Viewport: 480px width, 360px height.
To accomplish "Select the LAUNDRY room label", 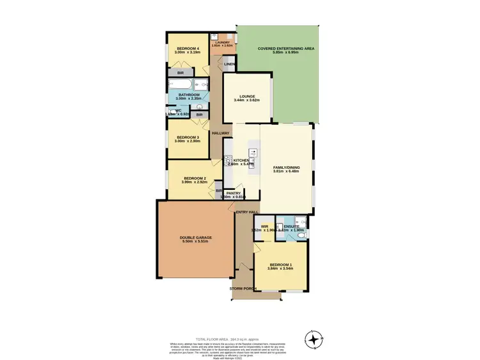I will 222,43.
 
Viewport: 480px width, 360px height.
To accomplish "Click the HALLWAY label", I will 220,133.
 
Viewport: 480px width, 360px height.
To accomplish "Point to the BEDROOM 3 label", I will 188,137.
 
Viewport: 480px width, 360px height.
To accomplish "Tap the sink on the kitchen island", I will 254,153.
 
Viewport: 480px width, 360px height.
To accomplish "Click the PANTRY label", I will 232,192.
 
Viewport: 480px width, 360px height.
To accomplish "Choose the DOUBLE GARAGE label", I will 196,237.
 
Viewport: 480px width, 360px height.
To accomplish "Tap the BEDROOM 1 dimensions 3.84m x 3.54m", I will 280,269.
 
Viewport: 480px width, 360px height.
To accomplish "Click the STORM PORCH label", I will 243,289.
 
